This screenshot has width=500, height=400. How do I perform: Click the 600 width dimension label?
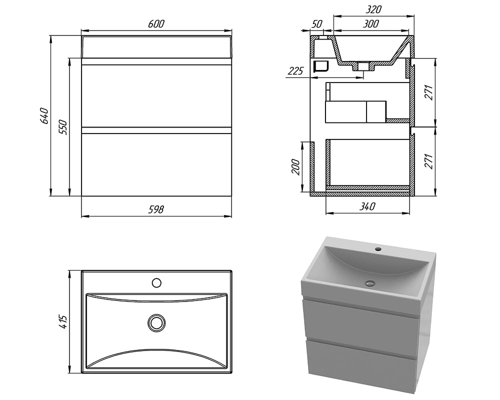pos(156,24)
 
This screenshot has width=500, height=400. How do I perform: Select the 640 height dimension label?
pos(44,116)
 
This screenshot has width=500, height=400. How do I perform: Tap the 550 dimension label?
pos(63,127)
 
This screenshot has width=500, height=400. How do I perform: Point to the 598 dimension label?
pos(156,209)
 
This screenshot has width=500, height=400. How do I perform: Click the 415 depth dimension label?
pos(63,322)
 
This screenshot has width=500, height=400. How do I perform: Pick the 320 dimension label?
pos(373,9)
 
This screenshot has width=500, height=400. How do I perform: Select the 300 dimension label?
pos(371,24)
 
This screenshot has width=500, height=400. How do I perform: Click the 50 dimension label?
pos(316,24)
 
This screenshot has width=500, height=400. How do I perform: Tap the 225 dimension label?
pos(295,71)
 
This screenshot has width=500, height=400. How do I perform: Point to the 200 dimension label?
pos(295,166)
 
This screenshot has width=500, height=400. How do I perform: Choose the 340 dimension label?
pos(367,206)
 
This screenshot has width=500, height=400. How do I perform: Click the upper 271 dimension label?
pos(429,92)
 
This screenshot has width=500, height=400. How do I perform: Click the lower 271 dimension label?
pos(429,161)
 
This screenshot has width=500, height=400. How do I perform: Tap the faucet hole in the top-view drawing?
pos(156,282)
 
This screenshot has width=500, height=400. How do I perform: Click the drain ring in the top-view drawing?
pos(156,323)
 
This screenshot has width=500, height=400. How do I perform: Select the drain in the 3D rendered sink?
pos(370,282)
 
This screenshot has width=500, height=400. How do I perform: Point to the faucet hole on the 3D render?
pos(378,249)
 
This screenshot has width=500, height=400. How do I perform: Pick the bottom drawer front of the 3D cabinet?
pos(361,364)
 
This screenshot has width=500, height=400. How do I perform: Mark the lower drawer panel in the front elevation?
pos(156,164)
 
